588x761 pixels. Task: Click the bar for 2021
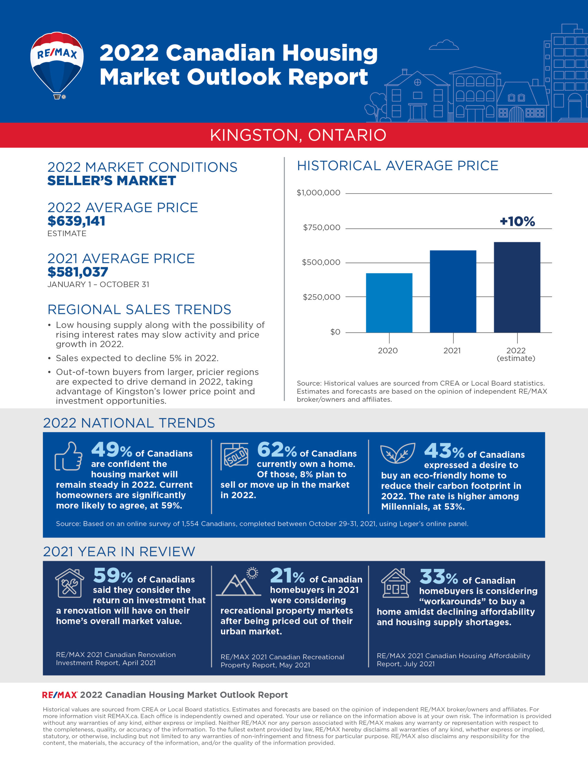tap(453, 291)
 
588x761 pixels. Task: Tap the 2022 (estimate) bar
tap(517, 287)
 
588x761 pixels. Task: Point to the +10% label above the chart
tap(517, 221)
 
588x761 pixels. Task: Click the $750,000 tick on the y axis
tap(321, 227)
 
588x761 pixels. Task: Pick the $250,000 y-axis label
tap(321, 297)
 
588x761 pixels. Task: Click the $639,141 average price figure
tap(76, 221)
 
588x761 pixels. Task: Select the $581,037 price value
tap(78, 272)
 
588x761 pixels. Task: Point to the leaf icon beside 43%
tap(397, 453)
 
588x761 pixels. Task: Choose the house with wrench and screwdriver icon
tap(69, 583)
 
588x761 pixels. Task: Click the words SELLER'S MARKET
tap(111, 181)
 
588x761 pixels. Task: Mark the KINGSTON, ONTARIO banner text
tap(298, 135)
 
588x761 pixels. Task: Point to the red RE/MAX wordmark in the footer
tap(59, 695)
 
